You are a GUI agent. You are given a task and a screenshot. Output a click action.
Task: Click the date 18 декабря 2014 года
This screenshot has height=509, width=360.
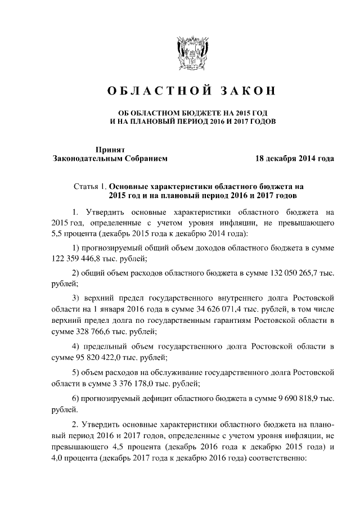(295, 159)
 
